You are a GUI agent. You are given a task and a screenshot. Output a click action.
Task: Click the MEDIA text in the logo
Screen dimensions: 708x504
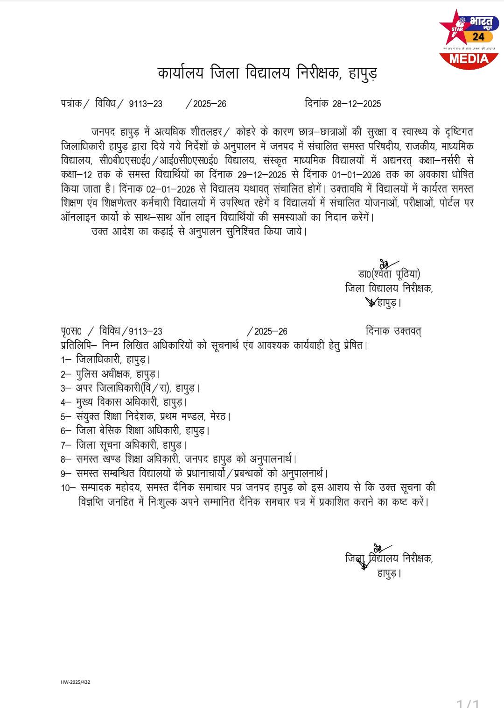(469, 59)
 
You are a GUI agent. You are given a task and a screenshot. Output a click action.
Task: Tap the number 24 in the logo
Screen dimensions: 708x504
(478, 37)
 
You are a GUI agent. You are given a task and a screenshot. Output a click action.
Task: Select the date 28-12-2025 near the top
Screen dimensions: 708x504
(357, 104)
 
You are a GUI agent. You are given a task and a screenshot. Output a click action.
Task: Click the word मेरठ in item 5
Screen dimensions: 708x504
(219, 416)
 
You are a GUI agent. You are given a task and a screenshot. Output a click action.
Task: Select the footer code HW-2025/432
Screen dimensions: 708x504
(75, 682)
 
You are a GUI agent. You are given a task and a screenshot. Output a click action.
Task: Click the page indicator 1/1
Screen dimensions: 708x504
(468, 702)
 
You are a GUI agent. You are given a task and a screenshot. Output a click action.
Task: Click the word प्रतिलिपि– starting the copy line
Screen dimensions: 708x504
(78, 346)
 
